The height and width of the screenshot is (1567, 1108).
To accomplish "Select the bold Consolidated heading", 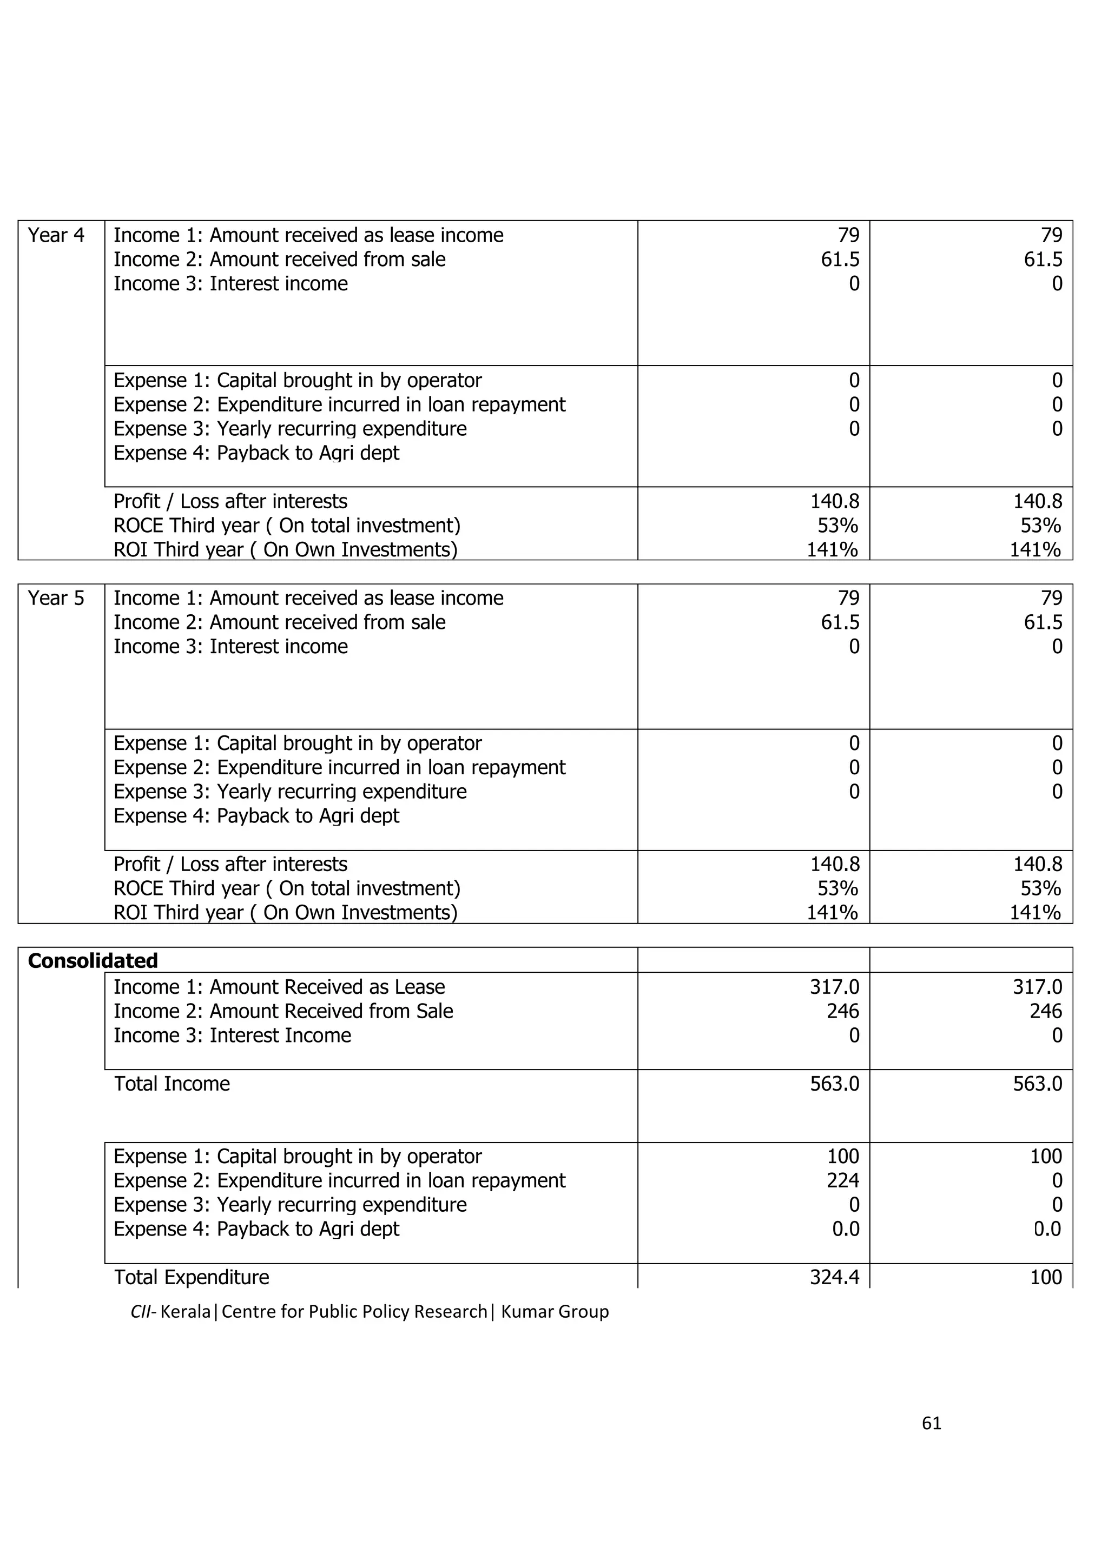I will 93,961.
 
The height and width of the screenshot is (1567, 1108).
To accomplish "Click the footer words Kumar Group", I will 555,1312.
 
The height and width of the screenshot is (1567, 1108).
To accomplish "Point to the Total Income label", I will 172,1084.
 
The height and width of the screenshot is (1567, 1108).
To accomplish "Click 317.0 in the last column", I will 1037,987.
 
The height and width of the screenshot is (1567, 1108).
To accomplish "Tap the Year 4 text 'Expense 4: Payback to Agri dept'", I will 256,453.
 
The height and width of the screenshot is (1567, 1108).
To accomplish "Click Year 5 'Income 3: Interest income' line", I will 231,646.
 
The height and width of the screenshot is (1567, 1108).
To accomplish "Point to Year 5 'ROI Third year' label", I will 285,913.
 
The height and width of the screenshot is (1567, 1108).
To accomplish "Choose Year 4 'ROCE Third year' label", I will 287,526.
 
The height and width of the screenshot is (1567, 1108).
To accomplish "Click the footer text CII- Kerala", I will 170,1312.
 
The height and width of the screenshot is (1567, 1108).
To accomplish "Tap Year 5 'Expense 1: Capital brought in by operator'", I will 298,743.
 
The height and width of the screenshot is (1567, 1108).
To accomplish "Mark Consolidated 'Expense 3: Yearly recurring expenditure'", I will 290,1205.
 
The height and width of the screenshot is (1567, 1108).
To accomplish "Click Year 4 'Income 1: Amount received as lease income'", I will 308,235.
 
